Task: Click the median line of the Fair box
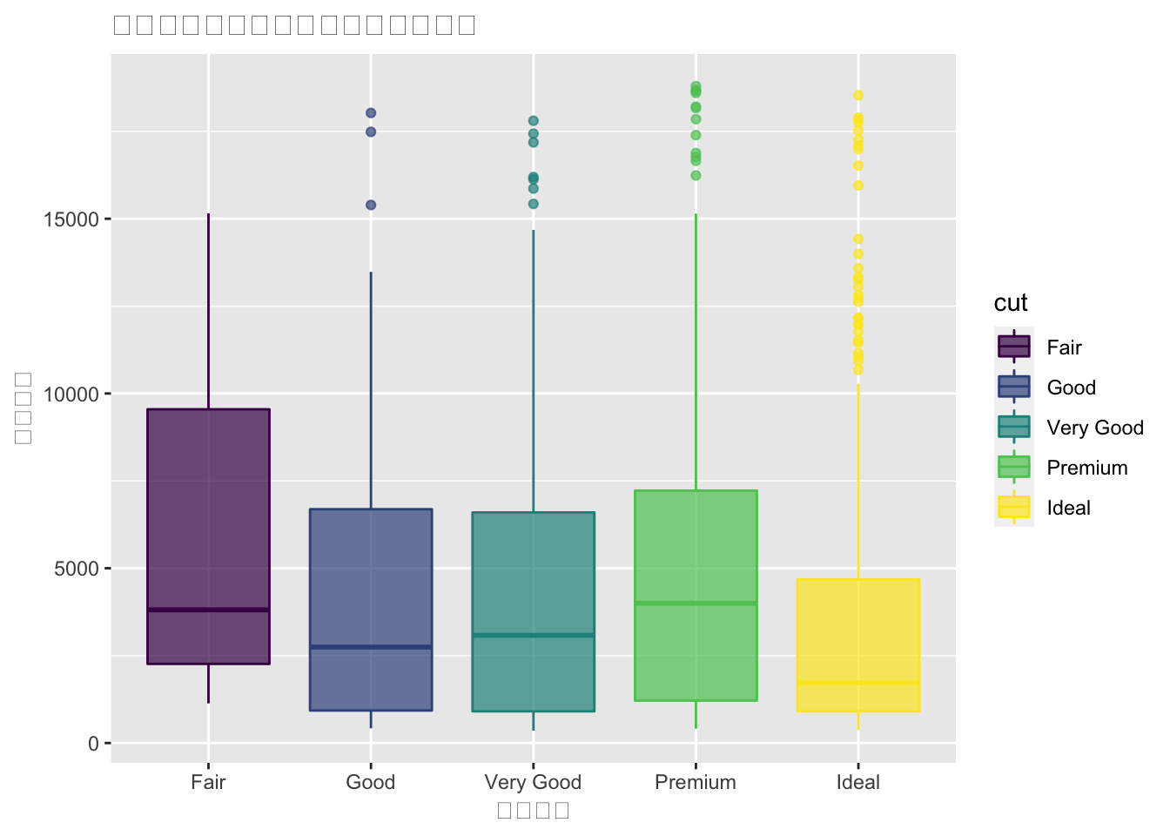click(x=208, y=610)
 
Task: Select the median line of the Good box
click(x=371, y=647)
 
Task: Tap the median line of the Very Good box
click(x=533, y=636)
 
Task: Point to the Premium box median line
click(x=696, y=603)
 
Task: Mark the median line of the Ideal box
click(x=858, y=683)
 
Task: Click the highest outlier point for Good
click(x=371, y=113)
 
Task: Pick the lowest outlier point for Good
click(x=371, y=206)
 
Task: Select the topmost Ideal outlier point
click(x=858, y=96)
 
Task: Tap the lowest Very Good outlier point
click(x=534, y=204)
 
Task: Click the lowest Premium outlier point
click(x=696, y=175)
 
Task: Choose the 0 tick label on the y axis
click(x=94, y=744)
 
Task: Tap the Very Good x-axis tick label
click(x=533, y=782)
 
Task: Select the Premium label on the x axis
click(x=696, y=782)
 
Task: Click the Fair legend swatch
click(x=1014, y=347)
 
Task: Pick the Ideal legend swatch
click(x=1014, y=507)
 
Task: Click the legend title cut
click(x=1011, y=303)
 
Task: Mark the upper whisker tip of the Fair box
click(x=208, y=214)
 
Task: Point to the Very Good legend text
click(x=1095, y=428)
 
